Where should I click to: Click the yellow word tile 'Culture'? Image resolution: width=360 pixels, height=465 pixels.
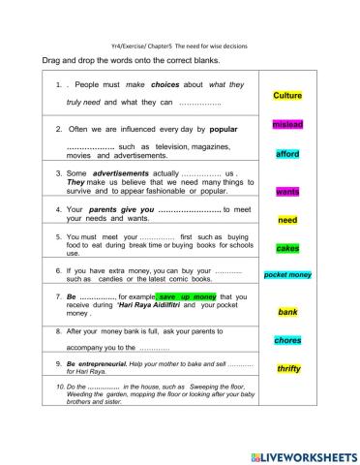pyautogui.click(x=287, y=96)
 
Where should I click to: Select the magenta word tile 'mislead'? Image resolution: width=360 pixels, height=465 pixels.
pyautogui.click(x=287, y=125)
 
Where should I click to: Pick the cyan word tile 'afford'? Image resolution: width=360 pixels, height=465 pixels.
pyautogui.click(x=287, y=154)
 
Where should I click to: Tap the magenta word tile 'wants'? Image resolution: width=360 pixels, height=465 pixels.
pyautogui.click(x=287, y=192)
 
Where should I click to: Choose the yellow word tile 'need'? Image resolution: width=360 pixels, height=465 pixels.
pyautogui.click(x=287, y=220)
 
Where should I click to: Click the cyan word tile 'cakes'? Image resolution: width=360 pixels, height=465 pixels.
pyautogui.click(x=287, y=248)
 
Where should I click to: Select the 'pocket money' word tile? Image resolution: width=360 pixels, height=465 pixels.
pyautogui.click(x=287, y=275)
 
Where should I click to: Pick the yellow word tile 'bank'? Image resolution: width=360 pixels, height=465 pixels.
pyautogui.click(x=287, y=312)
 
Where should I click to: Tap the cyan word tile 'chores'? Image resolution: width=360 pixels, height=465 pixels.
pyautogui.click(x=287, y=340)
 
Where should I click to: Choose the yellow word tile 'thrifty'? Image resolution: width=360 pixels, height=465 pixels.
pyautogui.click(x=287, y=368)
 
